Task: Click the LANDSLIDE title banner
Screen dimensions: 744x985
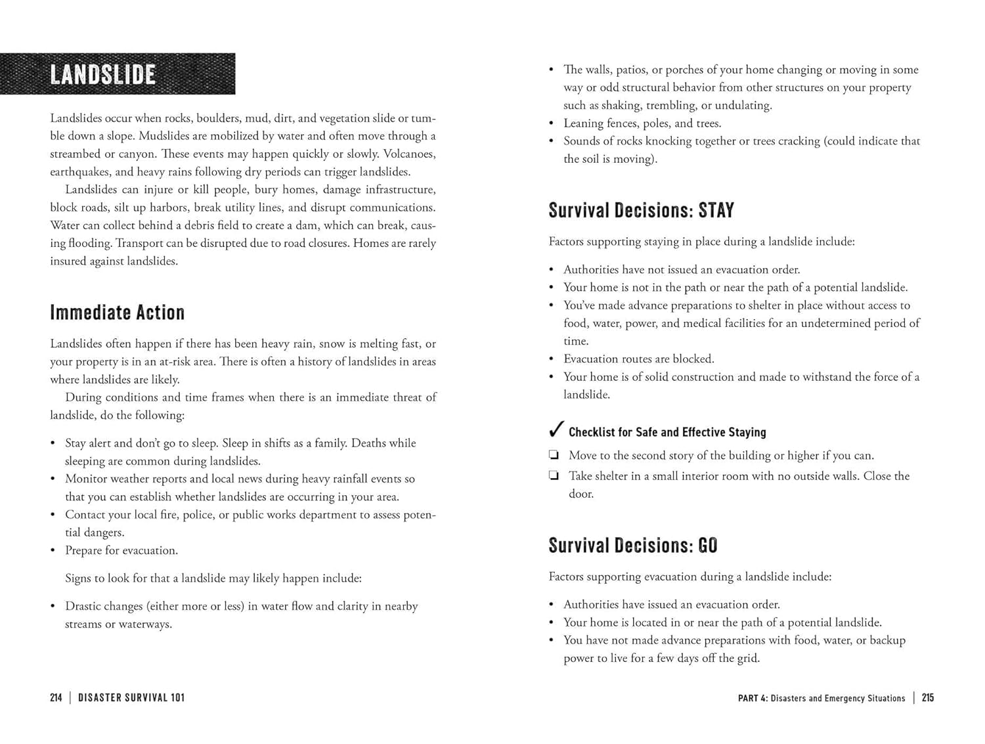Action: [x=117, y=74]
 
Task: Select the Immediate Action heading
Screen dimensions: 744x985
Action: [x=117, y=313]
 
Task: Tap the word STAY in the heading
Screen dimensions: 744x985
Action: [x=716, y=211]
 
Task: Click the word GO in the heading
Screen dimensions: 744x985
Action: [x=708, y=546]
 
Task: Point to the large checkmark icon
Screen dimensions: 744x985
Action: [x=556, y=429]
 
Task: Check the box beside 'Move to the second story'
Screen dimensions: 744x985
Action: [x=554, y=455]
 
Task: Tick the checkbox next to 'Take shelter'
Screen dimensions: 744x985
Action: [x=554, y=476]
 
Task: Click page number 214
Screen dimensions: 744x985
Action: [x=56, y=698]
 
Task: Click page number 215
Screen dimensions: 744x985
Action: [x=928, y=698]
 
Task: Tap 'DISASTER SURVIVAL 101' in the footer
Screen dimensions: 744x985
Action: [x=131, y=698]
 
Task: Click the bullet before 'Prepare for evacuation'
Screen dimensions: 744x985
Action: [x=53, y=550]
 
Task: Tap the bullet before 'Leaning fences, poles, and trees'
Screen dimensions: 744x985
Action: [x=552, y=123]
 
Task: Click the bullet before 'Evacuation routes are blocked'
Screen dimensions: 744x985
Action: [x=552, y=359]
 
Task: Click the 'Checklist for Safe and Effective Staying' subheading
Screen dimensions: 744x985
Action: [x=667, y=432]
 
